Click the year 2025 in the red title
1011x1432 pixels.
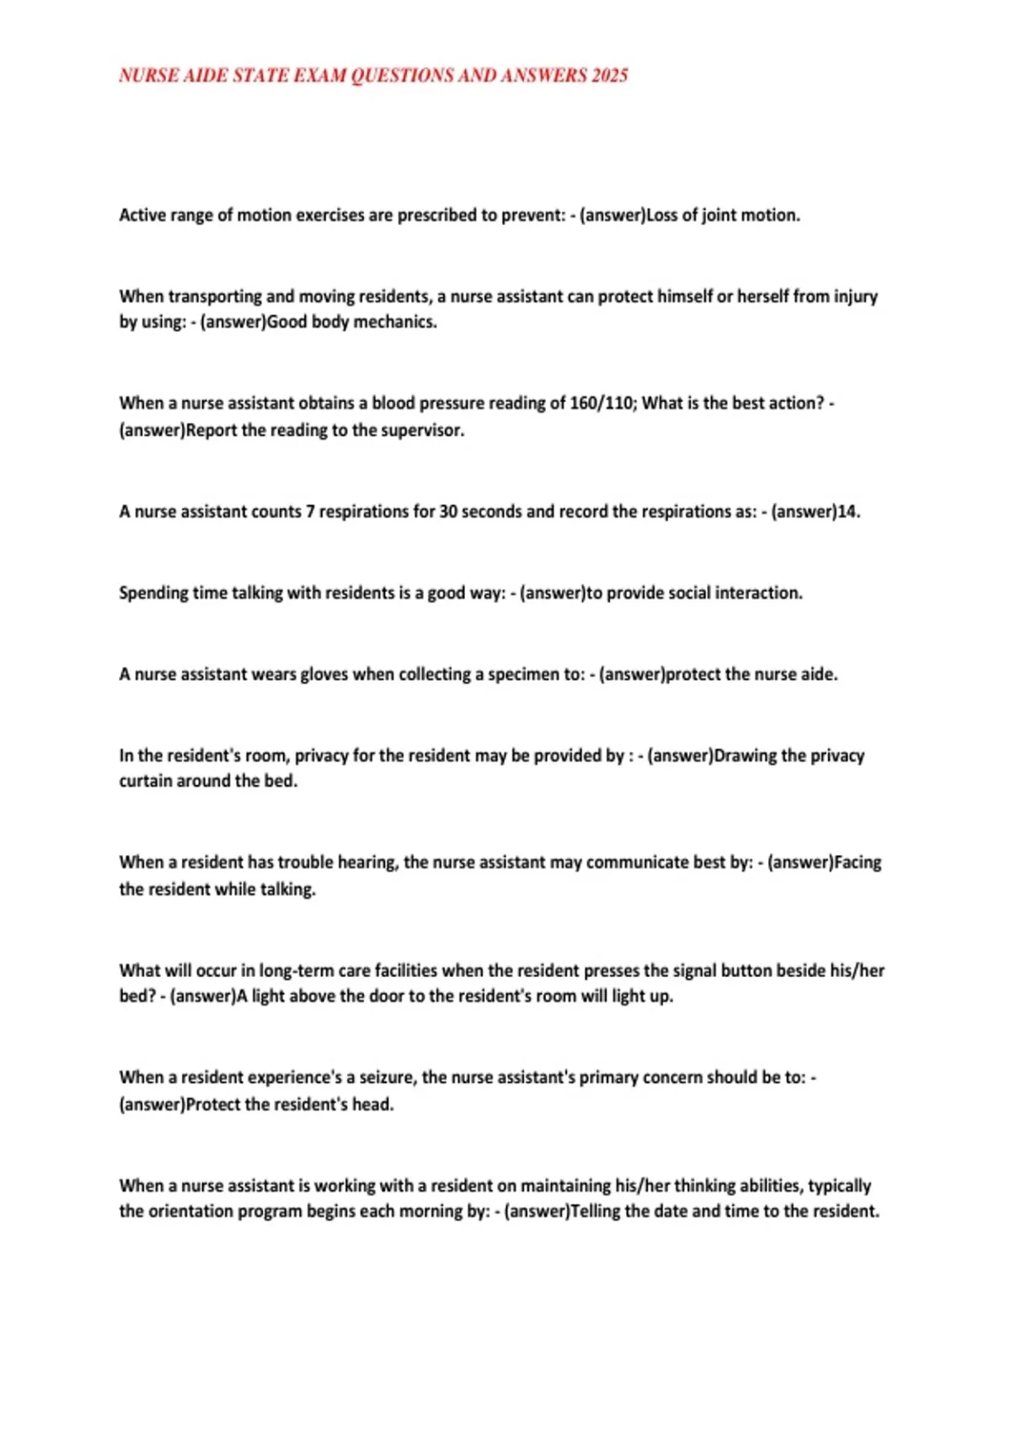pos(609,76)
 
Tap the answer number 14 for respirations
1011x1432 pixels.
pos(847,511)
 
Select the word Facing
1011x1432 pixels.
pos(858,863)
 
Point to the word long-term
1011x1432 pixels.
pos(296,970)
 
